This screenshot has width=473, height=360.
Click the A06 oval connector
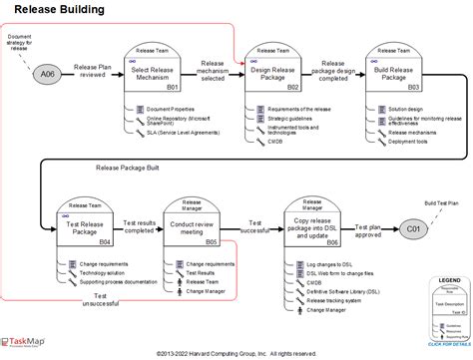pyautogui.click(x=46, y=73)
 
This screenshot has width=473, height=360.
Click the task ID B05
pyautogui.click(x=212, y=242)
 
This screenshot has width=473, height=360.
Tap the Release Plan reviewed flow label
pyautogui.click(x=93, y=69)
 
